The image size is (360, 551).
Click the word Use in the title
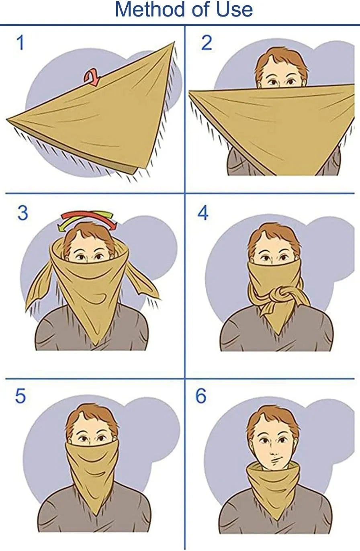(x=235, y=9)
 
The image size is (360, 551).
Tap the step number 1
(x=21, y=43)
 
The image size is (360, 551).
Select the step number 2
(x=207, y=43)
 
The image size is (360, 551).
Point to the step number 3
(x=22, y=213)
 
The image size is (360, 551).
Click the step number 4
(x=203, y=213)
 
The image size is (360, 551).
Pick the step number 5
(x=20, y=396)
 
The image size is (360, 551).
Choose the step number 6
(x=200, y=396)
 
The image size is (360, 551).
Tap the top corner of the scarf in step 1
(x=174, y=42)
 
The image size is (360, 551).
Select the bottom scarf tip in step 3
(x=97, y=345)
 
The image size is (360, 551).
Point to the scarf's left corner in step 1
(x=7, y=120)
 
